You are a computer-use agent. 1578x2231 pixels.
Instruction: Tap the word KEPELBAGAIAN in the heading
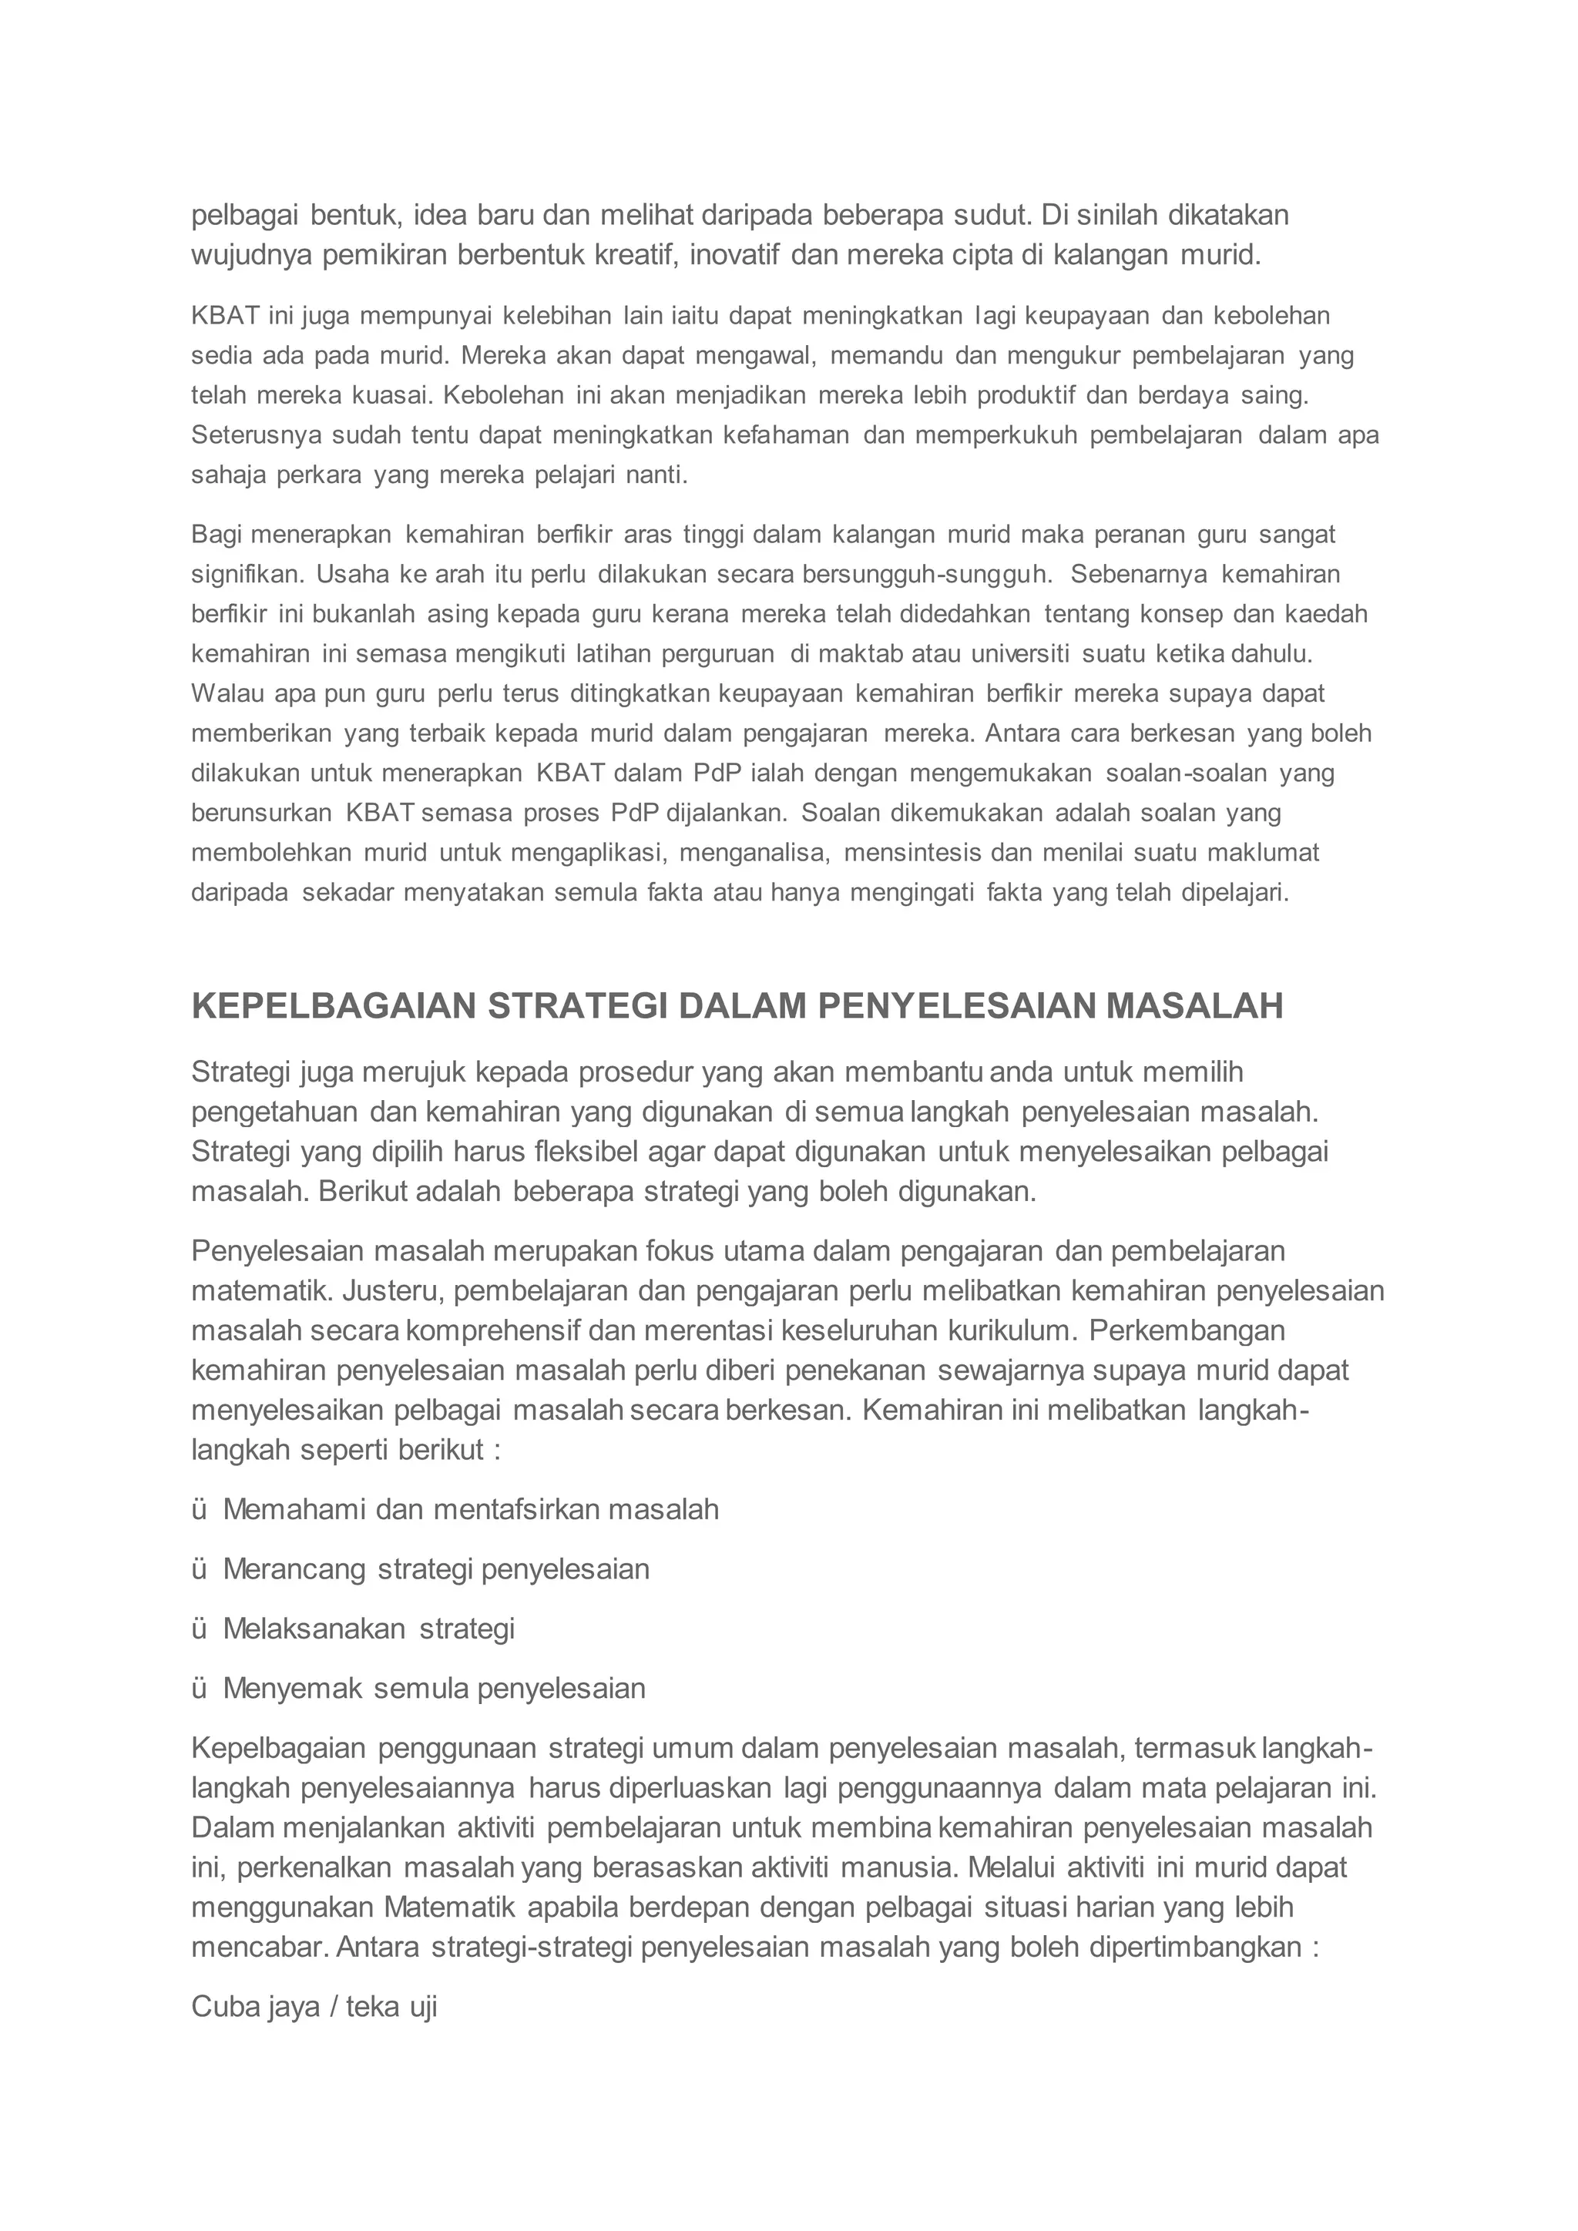click(334, 1005)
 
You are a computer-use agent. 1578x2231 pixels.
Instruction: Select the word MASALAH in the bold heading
click(1194, 1005)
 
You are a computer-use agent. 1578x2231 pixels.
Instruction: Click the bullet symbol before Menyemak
click(200, 1689)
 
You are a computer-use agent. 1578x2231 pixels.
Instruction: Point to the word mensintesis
click(911, 853)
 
